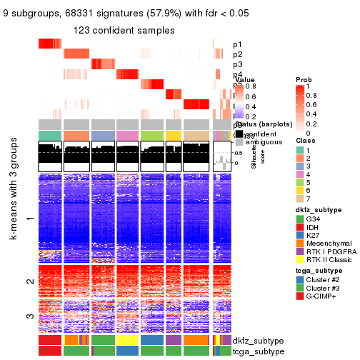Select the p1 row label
coord(237,44)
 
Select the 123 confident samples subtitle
coord(124,30)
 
